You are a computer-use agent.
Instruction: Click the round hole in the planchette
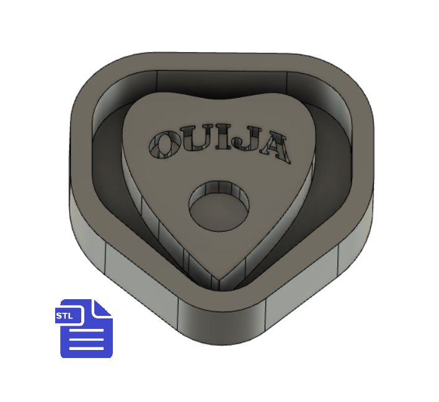point(219,206)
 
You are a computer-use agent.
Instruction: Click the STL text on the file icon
point(64,315)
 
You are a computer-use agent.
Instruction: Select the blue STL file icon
point(84,328)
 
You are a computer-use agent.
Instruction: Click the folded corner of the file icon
point(102,308)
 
